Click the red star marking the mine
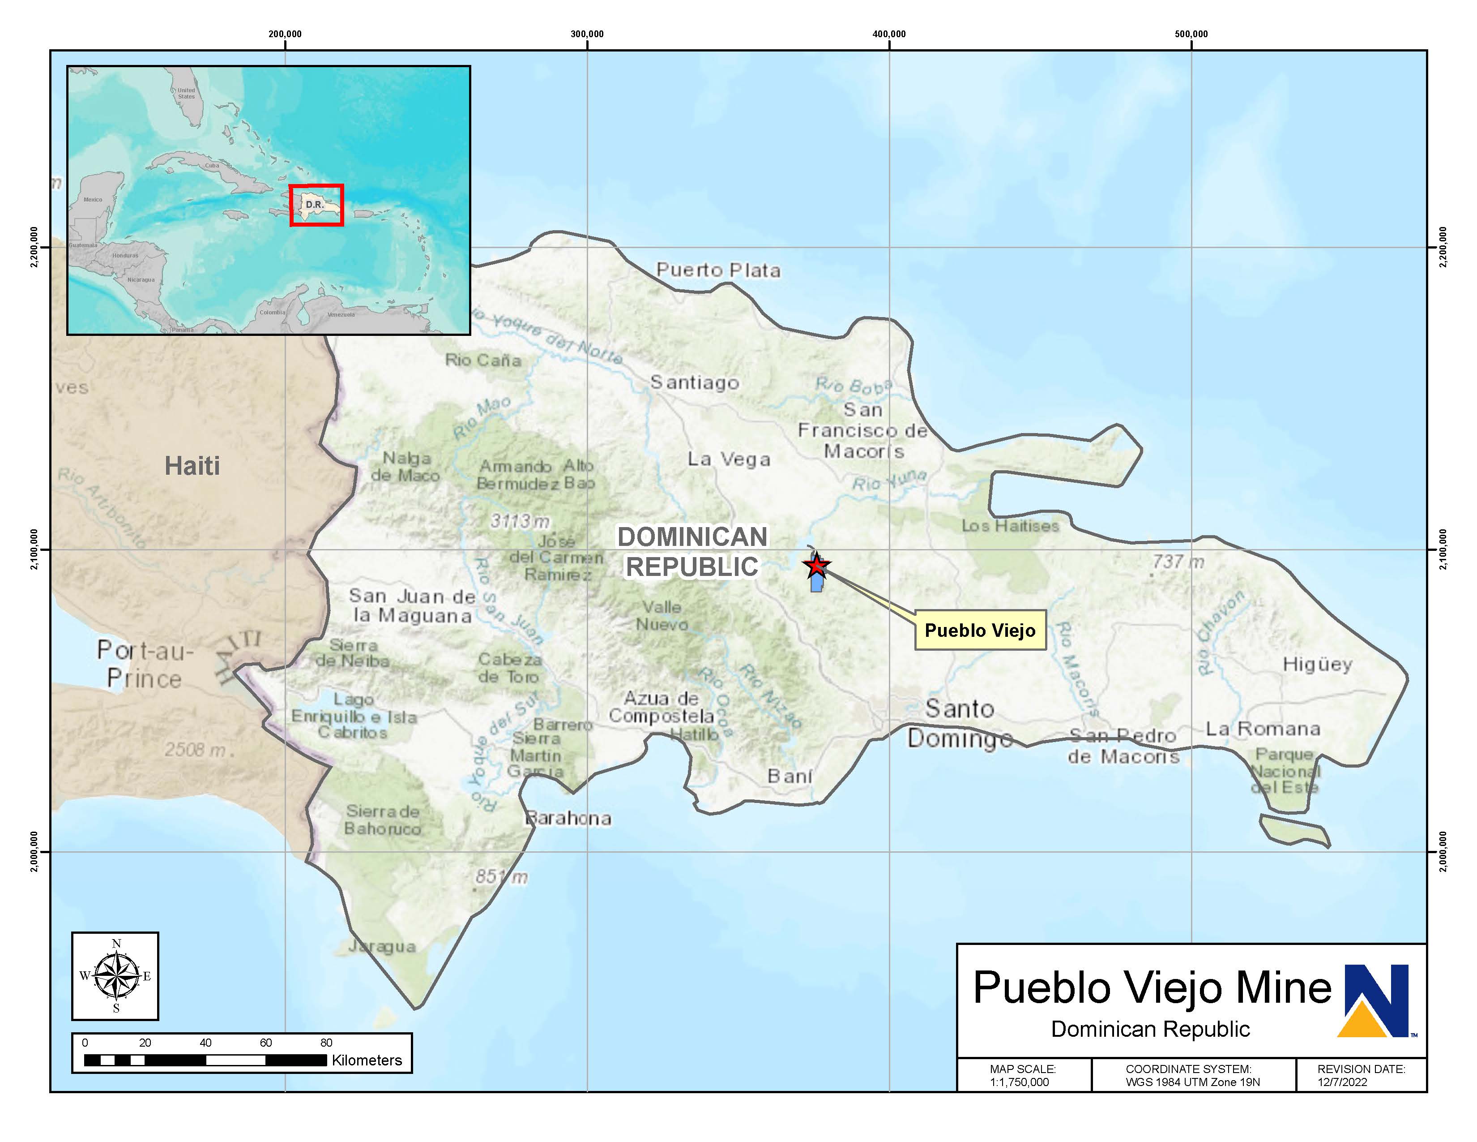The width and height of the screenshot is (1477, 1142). coord(817,565)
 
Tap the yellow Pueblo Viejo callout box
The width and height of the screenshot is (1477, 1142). coord(980,631)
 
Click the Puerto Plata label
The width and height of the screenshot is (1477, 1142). coord(718,270)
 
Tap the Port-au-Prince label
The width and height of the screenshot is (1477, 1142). coord(145,664)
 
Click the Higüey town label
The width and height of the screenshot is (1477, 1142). coord(1317,664)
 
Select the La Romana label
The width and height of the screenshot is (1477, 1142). coord(1263,729)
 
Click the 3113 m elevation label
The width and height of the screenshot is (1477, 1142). coord(519,521)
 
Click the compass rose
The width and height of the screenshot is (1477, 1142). coord(115,975)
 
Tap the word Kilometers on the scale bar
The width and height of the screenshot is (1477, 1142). coord(367,1060)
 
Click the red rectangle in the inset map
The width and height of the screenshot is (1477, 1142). coord(316,205)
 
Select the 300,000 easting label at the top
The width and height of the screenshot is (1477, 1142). coord(587,34)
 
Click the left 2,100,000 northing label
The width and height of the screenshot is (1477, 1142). coord(34,550)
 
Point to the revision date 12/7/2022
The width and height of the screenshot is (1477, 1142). coord(1342,1082)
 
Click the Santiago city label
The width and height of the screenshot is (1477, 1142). coord(695,383)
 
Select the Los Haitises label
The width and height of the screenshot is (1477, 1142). coord(1010,526)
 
